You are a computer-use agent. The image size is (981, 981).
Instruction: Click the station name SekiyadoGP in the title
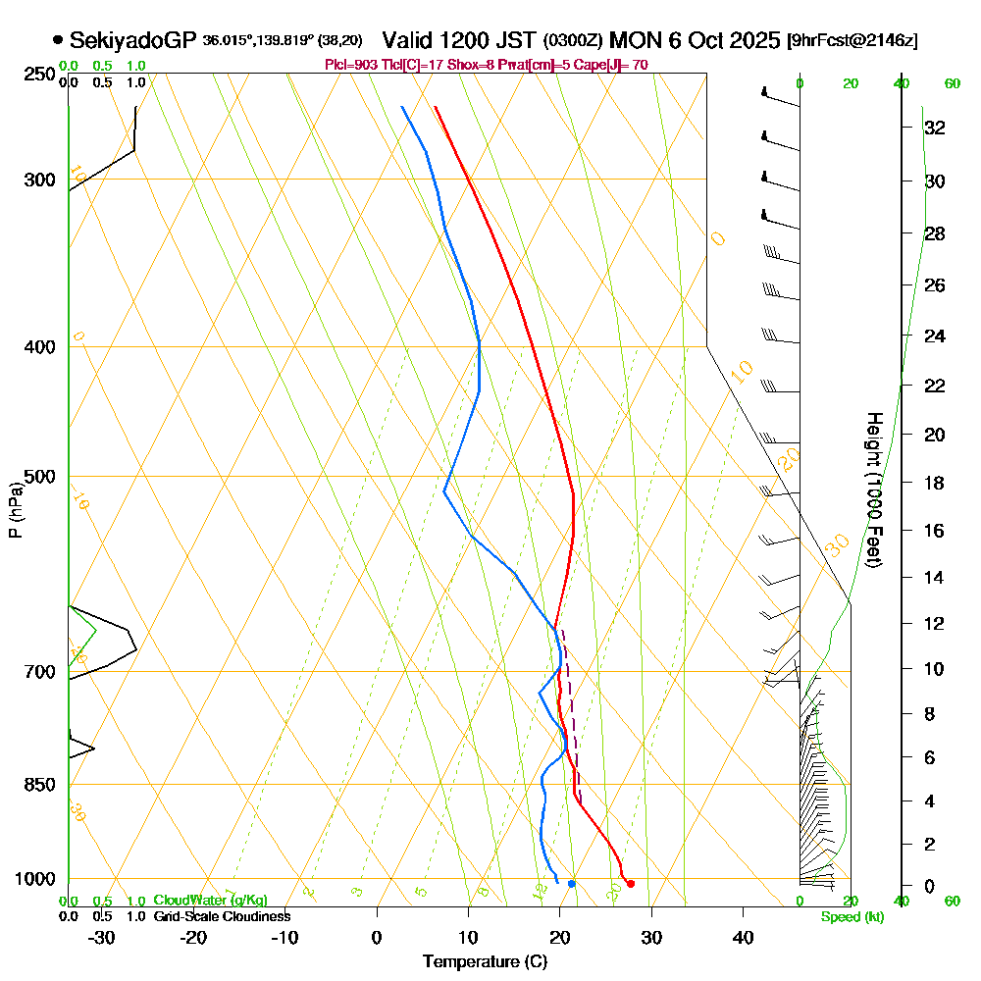[133, 40]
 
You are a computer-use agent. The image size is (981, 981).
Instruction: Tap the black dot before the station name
[58, 40]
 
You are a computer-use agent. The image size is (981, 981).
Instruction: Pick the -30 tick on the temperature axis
[102, 937]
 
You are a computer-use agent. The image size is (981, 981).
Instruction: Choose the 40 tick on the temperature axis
[743, 937]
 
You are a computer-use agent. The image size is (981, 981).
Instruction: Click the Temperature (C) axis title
[485, 962]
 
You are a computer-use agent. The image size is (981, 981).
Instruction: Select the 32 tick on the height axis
[934, 127]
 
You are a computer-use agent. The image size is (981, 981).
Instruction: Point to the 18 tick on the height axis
[934, 483]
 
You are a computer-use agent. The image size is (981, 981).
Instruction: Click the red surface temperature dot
[630, 884]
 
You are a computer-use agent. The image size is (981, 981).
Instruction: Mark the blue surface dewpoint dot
[572, 884]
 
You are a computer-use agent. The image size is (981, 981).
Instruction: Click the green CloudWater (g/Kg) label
[210, 901]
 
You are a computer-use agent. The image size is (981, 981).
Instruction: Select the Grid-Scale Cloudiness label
[222, 916]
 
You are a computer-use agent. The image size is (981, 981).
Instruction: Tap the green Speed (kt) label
[852, 917]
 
